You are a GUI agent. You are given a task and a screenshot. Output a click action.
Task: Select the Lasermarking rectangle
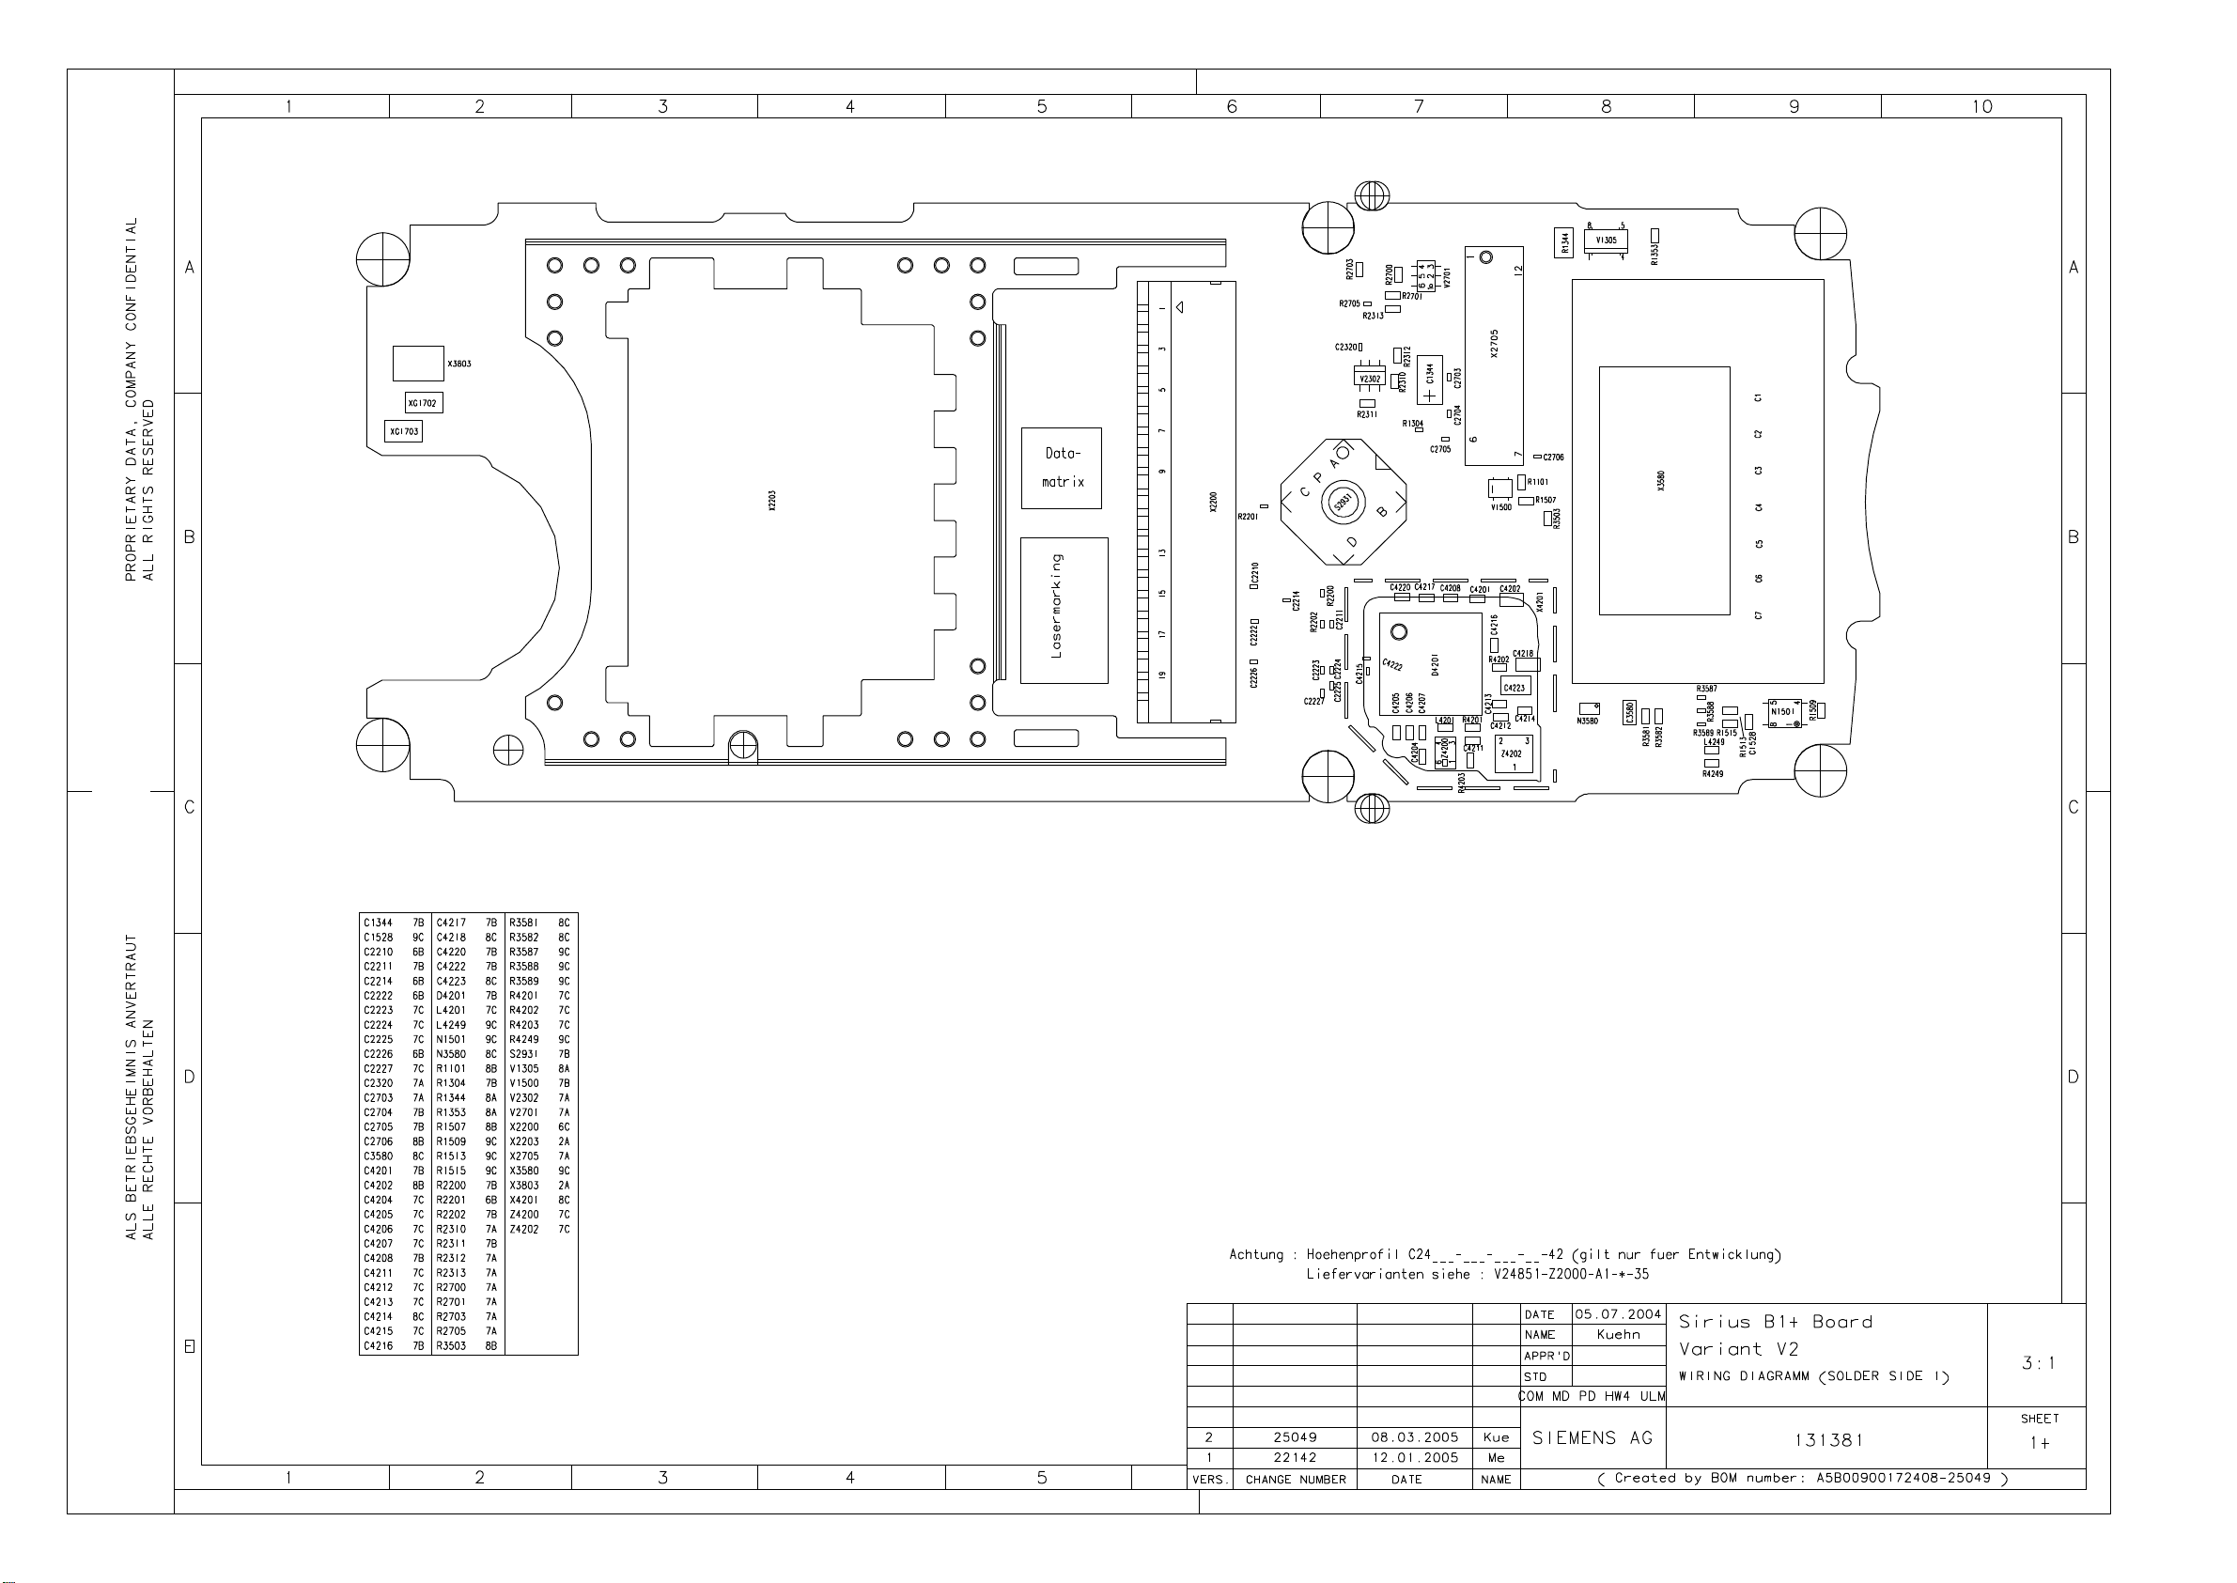(x=1064, y=611)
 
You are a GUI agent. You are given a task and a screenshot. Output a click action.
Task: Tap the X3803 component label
(x=459, y=364)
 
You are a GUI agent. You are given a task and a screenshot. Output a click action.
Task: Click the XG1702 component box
(x=423, y=403)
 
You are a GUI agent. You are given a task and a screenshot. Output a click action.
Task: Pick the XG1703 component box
(x=404, y=431)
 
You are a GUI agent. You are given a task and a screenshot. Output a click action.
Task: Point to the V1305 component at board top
(x=1606, y=240)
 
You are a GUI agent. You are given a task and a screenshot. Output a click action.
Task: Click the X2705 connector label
(x=1494, y=343)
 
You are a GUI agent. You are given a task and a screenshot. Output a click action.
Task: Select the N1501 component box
(x=1782, y=712)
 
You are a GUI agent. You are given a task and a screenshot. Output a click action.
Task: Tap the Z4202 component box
(x=1512, y=753)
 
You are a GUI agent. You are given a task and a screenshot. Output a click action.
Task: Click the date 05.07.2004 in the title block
(x=1617, y=1314)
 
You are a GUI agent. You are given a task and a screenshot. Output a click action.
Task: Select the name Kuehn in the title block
(x=1618, y=1334)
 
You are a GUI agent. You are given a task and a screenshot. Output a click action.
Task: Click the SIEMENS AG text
(x=1592, y=1437)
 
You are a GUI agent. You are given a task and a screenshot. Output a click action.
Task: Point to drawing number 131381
(x=1827, y=1439)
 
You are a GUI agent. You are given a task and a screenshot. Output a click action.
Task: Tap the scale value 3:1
(x=2038, y=1363)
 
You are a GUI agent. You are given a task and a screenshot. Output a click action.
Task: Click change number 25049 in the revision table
(x=1295, y=1436)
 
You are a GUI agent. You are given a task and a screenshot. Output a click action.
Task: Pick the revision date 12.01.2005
(x=1414, y=1457)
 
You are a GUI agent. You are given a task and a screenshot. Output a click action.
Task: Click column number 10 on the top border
(x=1981, y=106)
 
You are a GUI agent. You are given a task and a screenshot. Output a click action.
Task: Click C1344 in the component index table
(x=379, y=923)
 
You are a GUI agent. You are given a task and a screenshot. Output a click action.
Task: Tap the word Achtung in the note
(x=1255, y=1254)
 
